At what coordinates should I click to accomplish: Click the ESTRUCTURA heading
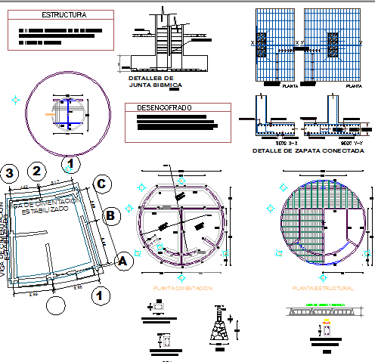pos(64,15)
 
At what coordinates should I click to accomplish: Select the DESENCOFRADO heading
pos(164,108)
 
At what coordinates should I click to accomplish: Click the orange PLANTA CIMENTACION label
pos(182,289)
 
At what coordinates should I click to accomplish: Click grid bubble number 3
pos(9,172)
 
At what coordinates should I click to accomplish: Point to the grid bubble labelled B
pos(110,215)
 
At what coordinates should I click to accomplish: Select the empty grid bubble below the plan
pos(54,305)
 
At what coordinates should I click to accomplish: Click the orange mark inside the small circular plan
pos(51,115)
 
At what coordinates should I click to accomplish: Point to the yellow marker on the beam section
pos(326,323)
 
